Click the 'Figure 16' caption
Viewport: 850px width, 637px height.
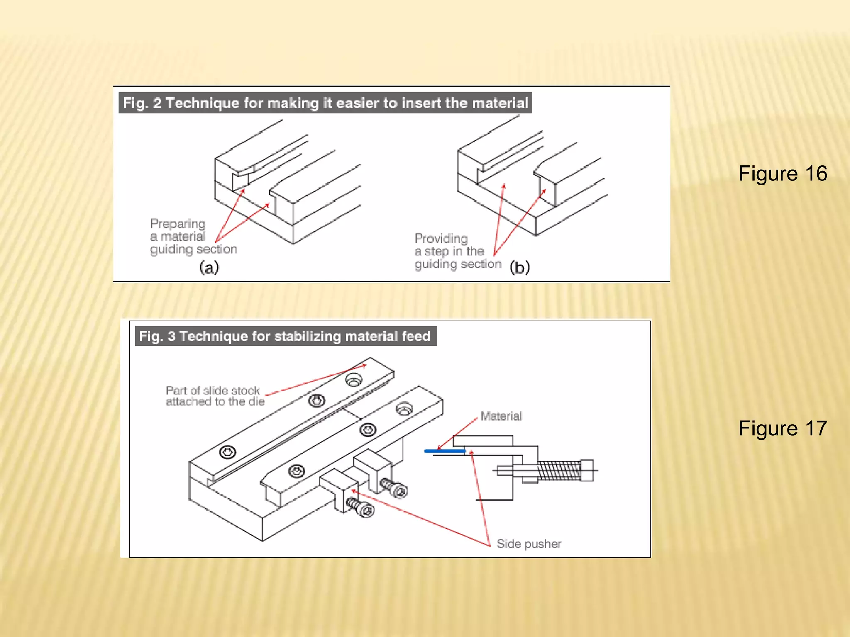pos(782,173)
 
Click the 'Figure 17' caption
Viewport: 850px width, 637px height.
pos(782,428)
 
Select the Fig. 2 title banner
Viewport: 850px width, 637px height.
pos(325,103)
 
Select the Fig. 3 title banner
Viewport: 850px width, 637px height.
pos(285,336)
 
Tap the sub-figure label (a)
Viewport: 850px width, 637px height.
pos(209,267)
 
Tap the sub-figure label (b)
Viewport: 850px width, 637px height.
pos(520,267)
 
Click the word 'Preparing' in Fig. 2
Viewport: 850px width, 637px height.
pos(178,224)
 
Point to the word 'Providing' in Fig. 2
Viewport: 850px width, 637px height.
pos(441,238)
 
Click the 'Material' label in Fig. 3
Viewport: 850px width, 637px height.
pos(501,416)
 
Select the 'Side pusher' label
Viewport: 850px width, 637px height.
pos(529,544)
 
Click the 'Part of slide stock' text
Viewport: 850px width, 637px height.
pos(212,390)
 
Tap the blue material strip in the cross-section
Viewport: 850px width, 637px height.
pos(445,451)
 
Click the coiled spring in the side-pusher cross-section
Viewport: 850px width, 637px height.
pos(559,471)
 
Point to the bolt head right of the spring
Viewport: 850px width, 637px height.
pos(587,470)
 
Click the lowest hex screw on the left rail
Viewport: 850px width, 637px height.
pos(227,452)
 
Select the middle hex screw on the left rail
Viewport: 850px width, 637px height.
pos(317,401)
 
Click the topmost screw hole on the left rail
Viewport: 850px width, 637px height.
pos(354,379)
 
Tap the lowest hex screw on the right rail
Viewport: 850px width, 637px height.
pos(296,471)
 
